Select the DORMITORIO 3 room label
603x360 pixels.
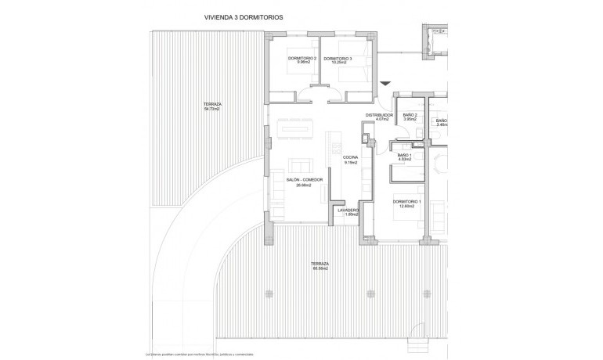(x=338, y=59)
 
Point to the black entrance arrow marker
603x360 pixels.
(x=384, y=83)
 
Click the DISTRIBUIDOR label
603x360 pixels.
(x=378, y=115)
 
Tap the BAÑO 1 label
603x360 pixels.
(x=405, y=155)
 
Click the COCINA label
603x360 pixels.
(x=350, y=158)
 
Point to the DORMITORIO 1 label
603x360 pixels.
(x=407, y=202)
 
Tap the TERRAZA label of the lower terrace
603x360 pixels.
(x=320, y=264)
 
